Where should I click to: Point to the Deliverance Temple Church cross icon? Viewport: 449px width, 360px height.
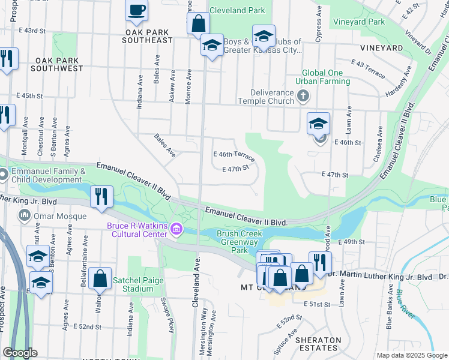[304, 95]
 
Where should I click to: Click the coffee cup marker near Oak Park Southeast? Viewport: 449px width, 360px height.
[136, 10]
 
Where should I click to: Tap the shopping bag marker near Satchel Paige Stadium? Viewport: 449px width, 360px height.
[100, 278]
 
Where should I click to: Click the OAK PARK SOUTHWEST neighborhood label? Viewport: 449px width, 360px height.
[59, 65]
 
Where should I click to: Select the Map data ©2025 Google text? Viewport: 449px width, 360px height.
[411, 355]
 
